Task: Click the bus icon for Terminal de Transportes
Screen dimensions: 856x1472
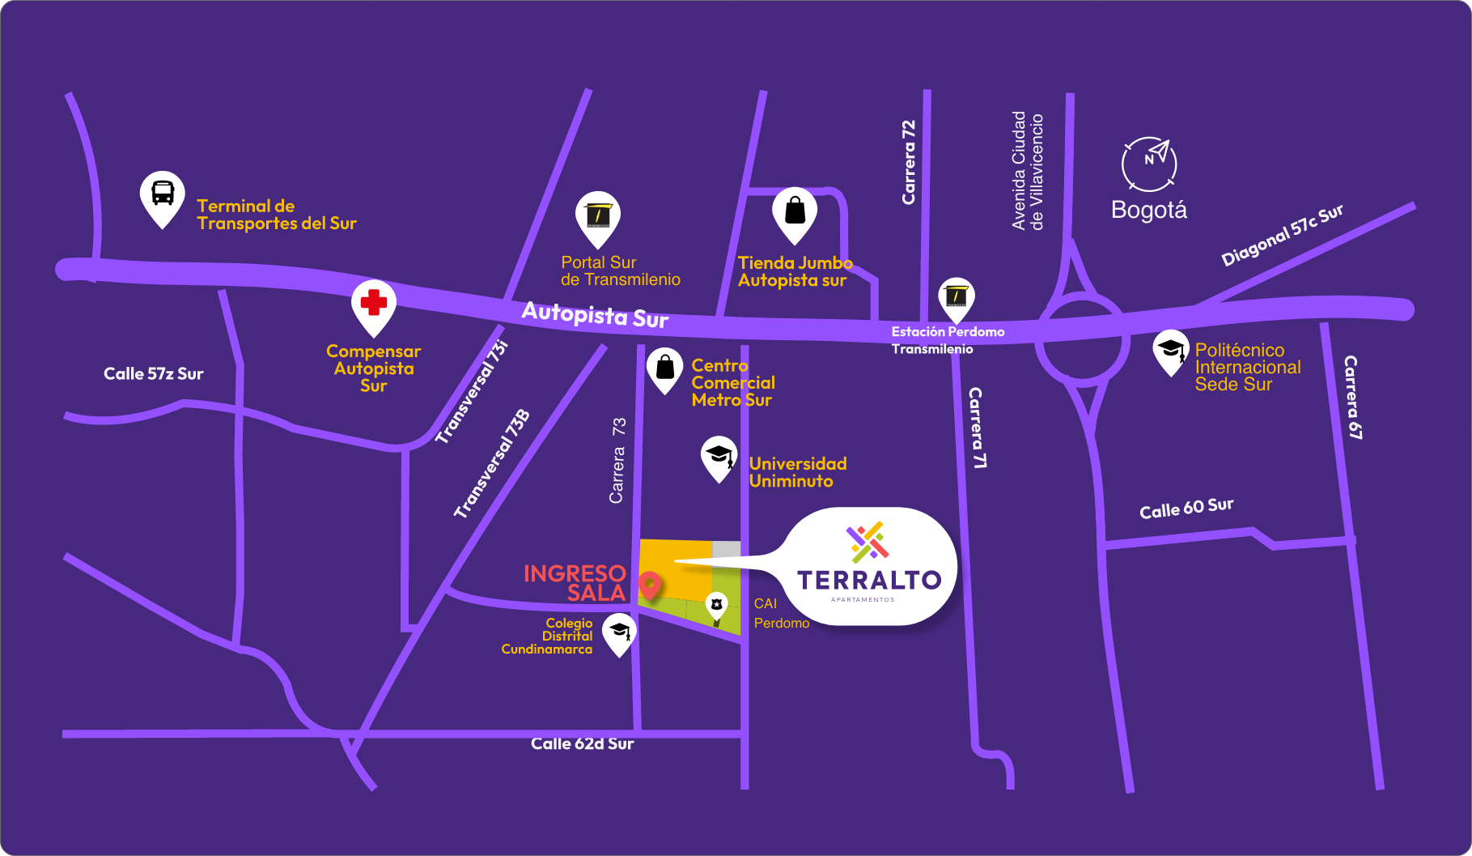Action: point(163,194)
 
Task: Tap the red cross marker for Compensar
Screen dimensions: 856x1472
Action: point(373,303)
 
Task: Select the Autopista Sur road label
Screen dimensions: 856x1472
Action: point(595,314)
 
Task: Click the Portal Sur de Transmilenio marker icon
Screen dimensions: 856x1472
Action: point(598,215)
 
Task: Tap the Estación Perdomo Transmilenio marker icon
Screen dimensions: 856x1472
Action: point(956,296)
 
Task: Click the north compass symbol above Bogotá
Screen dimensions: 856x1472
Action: point(1149,163)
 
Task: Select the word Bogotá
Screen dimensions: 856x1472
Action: point(1148,210)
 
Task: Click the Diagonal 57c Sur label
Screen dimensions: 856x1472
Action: point(1282,235)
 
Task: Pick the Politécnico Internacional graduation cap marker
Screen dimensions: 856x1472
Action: point(1170,350)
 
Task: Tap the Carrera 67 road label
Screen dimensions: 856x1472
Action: point(1352,397)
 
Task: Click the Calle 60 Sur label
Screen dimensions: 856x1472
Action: point(1186,508)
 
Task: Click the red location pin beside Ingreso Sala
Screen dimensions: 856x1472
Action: point(649,584)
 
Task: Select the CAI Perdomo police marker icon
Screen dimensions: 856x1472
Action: point(716,605)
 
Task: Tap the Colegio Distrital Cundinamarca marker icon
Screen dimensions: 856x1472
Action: point(620,631)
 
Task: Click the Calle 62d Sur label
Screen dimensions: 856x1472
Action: point(582,743)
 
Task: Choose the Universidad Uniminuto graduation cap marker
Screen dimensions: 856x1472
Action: point(719,455)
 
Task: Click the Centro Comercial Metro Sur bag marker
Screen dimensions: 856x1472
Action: point(664,368)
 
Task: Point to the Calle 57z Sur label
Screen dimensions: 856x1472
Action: point(153,373)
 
